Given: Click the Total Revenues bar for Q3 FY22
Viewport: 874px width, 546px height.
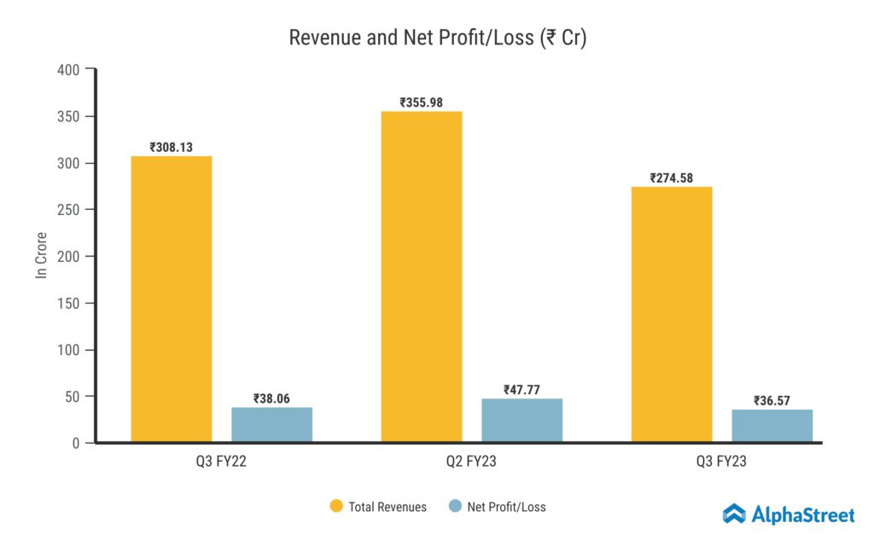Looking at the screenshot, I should point(171,299).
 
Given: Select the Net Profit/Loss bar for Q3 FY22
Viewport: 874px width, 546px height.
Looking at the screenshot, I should point(271,425).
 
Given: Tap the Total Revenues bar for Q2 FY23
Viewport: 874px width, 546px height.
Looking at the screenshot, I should point(422,277).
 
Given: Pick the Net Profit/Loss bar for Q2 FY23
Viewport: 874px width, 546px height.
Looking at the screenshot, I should point(522,421).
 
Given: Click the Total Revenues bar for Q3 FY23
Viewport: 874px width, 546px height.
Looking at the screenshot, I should point(672,314).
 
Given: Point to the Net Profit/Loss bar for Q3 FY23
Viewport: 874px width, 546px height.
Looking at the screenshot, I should point(772,426).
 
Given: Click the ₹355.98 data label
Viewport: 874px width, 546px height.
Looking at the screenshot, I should point(422,102).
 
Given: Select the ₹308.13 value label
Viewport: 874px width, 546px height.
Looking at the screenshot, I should point(171,147).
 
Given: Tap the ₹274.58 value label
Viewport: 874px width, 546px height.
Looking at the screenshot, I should point(672,178).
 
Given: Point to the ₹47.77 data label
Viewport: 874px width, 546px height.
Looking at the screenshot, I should point(522,390).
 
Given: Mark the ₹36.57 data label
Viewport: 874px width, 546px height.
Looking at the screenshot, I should point(772,400).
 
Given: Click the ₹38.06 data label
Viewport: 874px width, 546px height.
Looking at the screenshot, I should point(271,398).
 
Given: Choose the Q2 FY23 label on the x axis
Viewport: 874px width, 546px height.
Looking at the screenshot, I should point(472,462).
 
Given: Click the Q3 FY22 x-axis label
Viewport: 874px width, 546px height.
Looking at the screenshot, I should point(221,462).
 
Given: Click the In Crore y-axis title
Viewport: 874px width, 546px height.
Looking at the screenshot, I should point(40,255).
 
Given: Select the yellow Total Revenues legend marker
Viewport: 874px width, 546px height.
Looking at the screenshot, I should point(336,507).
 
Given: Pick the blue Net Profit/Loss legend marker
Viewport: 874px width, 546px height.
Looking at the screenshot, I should point(455,507).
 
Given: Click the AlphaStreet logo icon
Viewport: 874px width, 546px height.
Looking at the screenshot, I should point(734,514).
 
